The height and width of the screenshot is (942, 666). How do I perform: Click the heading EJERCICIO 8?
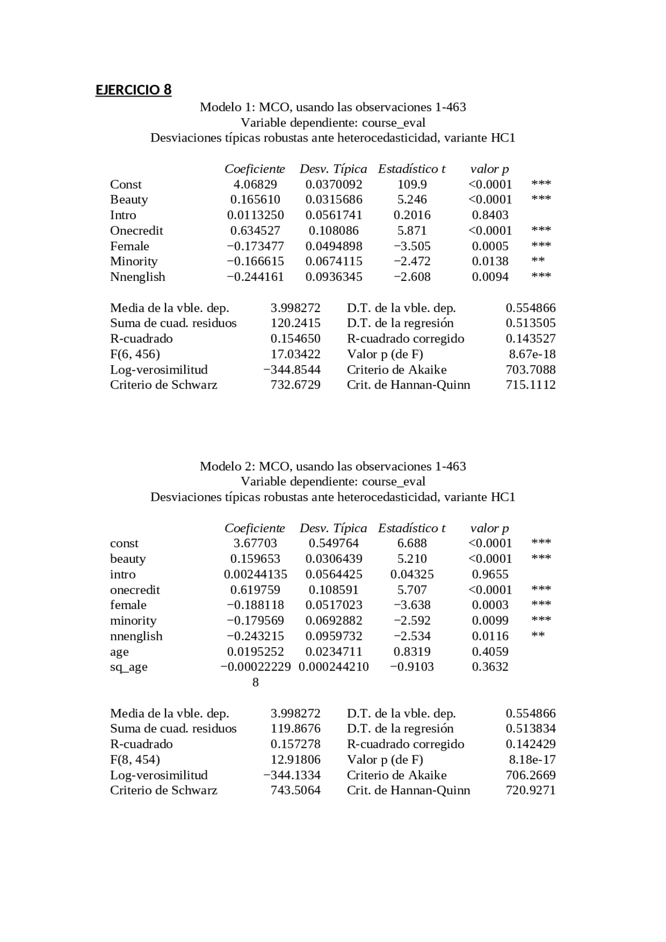pos(133,90)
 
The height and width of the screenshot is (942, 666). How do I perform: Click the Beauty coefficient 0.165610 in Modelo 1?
pos(255,200)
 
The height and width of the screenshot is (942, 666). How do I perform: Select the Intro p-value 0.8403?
pos(490,215)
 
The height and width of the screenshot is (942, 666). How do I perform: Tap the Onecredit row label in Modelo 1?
pos(136,231)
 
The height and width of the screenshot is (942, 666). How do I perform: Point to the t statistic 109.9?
pos(412,185)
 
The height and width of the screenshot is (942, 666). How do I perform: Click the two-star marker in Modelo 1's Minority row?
pos(538,261)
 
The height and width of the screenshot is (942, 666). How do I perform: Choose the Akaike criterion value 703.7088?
pos(530,370)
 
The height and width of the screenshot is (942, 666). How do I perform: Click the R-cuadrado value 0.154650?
pos(295,339)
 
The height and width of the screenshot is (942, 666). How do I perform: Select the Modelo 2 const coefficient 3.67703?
pos(255,544)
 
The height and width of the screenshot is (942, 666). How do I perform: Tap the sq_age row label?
pos(129,667)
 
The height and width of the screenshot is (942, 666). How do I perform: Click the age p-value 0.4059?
pos(490,652)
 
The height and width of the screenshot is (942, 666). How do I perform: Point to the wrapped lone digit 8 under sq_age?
pos(255,682)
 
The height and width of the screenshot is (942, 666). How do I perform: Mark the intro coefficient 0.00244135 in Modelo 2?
pos(255,575)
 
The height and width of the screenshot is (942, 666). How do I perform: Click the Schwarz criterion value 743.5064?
pos(295,791)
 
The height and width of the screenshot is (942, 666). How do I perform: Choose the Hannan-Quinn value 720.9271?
pos(530,791)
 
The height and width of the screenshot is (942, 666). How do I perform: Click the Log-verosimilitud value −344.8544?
pos(292,370)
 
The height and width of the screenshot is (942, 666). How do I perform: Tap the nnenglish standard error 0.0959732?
pos(334,636)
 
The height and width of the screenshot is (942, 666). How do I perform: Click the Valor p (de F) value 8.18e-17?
pos(532,759)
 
